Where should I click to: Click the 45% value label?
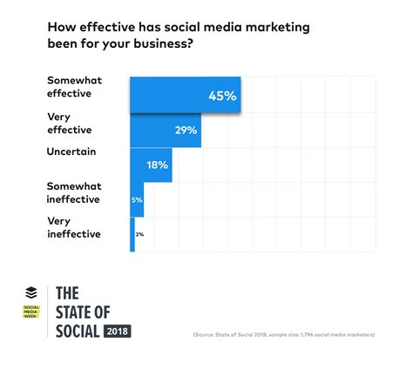pyautogui.click(x=222, y=96)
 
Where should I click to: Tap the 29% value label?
pyautogui.click(x=185, y=131)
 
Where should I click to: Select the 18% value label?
pyautogui.click(x=157, y=165)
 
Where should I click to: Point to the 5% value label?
pyautogui.click(x=137, y=200)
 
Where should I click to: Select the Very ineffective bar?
pyautogui.click(x=132, y=235)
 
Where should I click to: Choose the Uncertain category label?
pyautogui.click(x=71, y=151)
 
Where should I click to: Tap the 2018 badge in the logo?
pyautogui.click(x=117, y=331)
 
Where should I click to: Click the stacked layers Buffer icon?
pyautogui.click(x=31, y=293)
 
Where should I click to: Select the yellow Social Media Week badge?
pyautogui.click(x=31, y=312)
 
